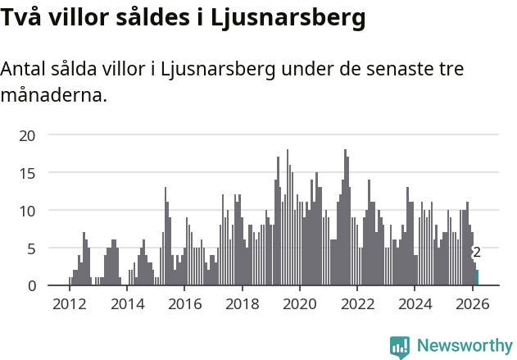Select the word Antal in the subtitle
(24, 69)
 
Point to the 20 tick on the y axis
(27, 135)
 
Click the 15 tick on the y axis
(27, 173)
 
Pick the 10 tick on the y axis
(27, 211)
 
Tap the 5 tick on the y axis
(31, 248)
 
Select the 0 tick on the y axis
(31, 285)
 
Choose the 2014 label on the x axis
(127, 304)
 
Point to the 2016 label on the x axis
(184, 304)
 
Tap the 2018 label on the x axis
(242, 304)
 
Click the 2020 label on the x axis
(300, 304)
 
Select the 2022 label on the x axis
(357, 304)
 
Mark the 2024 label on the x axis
(415, 304)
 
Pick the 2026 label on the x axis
(473, 304)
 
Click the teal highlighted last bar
(477, 278)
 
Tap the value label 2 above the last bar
(477, 253)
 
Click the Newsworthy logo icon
(400, 346)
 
